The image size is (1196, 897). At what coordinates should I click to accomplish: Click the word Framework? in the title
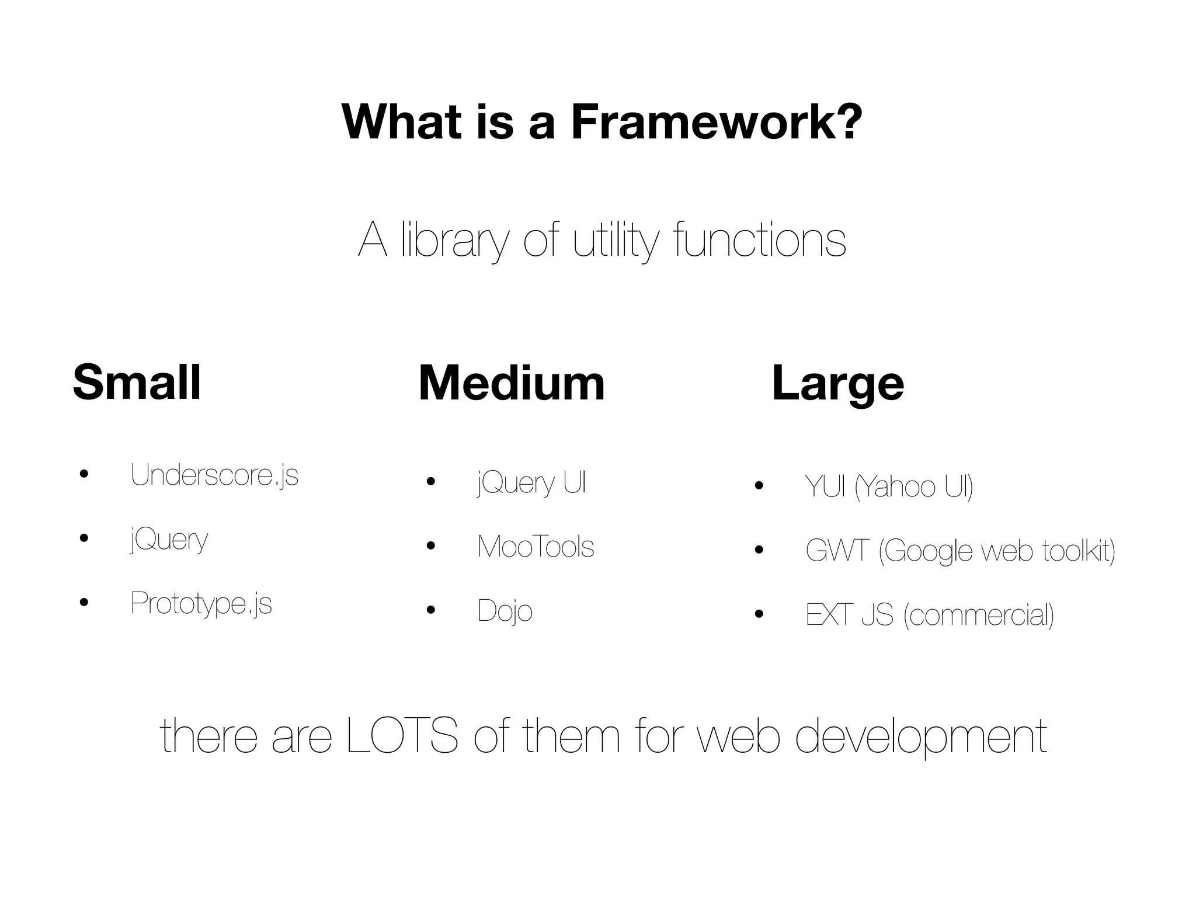pyautogui.click(x=717, y=123)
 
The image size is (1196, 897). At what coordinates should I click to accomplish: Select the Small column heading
pyautogui.click(x=137, y=383)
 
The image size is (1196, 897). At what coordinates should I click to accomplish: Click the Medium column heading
pyautogui.click(x=512, y=384)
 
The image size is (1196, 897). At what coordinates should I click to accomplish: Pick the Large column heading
pyautogui.click(x=837, y=384)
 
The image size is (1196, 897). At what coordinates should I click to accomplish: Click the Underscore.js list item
pyautogui.click(x=214, y=475)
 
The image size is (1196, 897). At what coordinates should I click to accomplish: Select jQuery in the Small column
pyautogui.click(x=169, y=540)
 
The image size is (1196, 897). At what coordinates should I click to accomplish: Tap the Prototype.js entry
pyautogui.click(x=201, y=603)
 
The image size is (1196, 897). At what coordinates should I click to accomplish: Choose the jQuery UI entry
pyautogui.click(x=531, y=483)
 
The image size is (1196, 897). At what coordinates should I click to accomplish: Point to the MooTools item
pyautogui.click(x=536, y=547)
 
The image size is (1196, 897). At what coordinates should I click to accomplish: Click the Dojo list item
pyautogui.click(x=505, y=611)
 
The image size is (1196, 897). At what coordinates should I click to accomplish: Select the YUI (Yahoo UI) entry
pyautogui.click(x=889, y=486)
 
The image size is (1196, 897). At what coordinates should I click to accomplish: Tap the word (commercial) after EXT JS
pyautogui.click(x=979, y=615)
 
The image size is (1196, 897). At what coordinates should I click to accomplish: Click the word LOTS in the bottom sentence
pyautogui.click(x=402, y=736)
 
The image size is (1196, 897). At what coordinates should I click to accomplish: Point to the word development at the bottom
pyautogui.click(x=921, y=738)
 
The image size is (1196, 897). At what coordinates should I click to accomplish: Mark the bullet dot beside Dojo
pyautogui.click(x=431, y=611)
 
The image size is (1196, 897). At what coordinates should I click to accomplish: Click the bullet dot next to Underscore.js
pyautogui.click(x=84, y=474)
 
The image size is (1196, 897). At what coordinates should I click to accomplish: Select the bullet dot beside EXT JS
pyautogui.click(x=759, y=614)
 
